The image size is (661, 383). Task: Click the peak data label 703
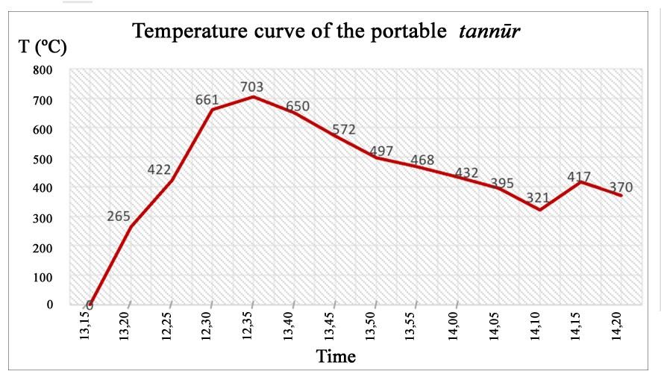pos(252,87)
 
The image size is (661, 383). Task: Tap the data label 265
pos(118,217)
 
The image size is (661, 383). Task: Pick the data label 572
pos(343,129)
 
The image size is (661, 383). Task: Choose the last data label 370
pos(620,187)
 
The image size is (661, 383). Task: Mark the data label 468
pos(422,161)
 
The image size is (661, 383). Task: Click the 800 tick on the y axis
pos(43,71)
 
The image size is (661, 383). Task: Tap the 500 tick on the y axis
pos(43,159)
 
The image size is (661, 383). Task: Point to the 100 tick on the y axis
pos(43,277)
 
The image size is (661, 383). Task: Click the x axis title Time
pos(336,356)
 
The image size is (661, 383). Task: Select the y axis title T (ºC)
pos(43,48)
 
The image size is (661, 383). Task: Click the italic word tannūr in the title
pos(489,31)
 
